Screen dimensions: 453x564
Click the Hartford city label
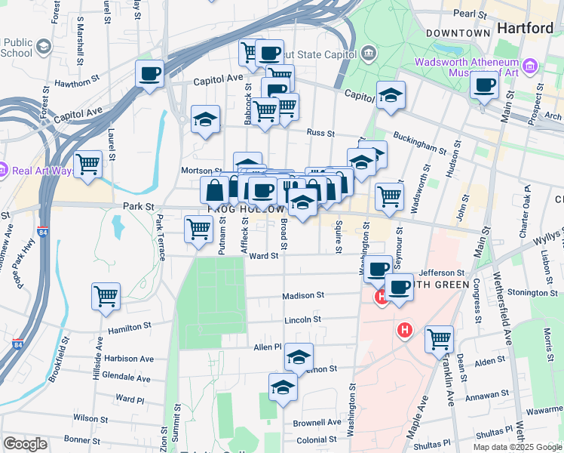526,28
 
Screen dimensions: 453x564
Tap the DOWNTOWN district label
458,33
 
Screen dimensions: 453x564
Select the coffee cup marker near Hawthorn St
150,75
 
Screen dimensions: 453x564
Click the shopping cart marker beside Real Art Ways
88,165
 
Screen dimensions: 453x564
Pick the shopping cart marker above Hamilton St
106,296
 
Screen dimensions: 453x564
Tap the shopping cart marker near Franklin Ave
439,339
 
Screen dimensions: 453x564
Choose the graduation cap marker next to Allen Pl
299,357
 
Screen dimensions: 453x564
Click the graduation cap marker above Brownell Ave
284,387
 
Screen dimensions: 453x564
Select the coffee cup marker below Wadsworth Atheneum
485,85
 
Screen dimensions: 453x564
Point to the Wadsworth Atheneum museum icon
531,66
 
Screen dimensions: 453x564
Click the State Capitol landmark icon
368,52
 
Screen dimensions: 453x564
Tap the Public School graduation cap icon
43,48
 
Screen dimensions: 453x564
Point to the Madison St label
304,296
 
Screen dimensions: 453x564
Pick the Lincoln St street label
303,319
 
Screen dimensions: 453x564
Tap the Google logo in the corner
25,444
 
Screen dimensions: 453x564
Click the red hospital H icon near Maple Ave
406,330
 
